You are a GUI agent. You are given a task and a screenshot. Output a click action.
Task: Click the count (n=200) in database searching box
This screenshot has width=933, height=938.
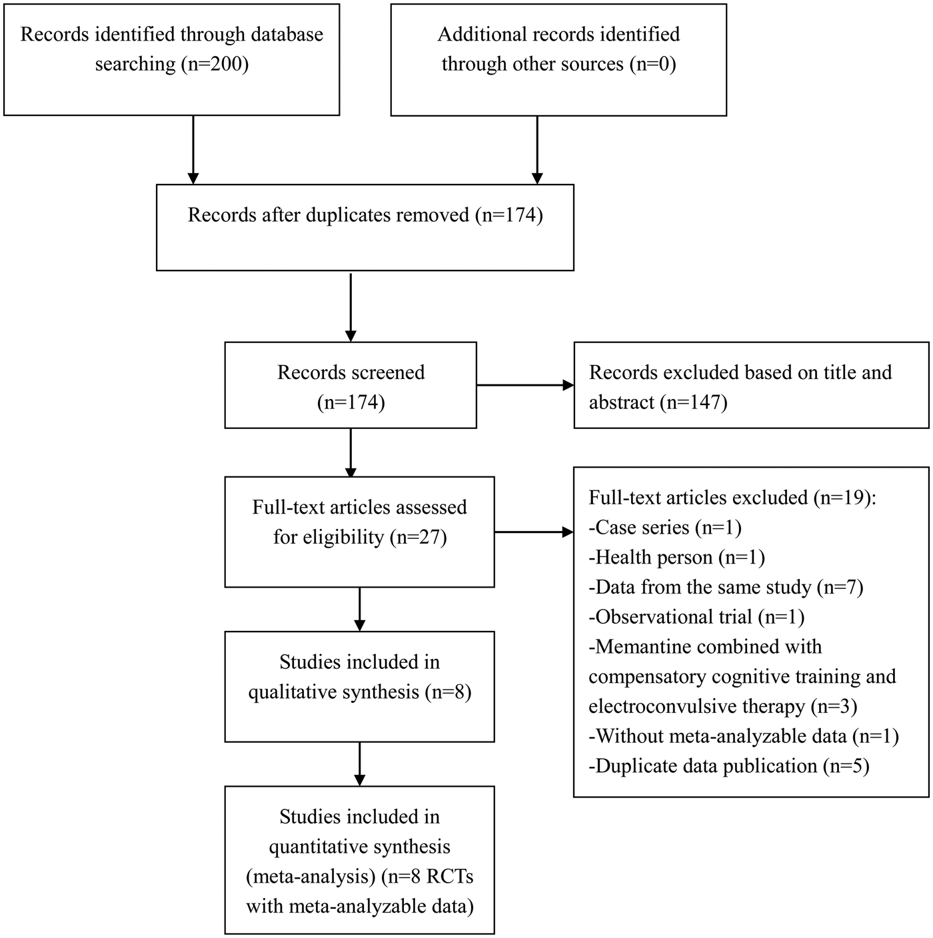[215, 65]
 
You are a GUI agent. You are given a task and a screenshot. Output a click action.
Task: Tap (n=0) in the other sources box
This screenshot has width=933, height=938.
[652, 65]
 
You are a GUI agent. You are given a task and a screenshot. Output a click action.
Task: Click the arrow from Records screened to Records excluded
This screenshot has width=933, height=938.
[525, 386]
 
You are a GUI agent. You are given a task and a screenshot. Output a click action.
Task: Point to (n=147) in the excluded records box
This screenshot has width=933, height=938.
[694, 402]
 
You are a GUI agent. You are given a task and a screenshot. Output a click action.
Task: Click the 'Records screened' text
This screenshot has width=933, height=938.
[351, 373]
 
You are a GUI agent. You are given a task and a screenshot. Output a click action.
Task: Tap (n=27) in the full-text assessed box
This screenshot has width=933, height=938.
[419, 538]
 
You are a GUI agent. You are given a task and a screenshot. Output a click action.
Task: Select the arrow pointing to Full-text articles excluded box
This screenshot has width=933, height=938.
[534, 532]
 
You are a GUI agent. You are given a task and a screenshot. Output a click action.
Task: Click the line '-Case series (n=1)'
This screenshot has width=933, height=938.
[665, 528]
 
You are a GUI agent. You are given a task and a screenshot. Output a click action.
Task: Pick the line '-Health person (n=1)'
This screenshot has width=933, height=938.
[677, 558]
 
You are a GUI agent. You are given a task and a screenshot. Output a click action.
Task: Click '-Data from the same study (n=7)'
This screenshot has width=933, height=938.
[726, 588]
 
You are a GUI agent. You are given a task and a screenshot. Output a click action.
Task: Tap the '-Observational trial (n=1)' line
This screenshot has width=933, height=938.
[697, 617]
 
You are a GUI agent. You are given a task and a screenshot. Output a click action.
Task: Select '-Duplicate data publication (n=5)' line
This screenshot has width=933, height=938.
[729, 766]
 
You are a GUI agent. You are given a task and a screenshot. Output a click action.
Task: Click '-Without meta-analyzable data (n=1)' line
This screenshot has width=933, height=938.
[744, 737]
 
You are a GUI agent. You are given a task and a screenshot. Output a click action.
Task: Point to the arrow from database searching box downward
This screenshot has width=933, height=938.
[193, 150]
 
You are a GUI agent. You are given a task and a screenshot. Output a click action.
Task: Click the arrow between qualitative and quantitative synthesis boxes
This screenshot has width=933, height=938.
[359, 763]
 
